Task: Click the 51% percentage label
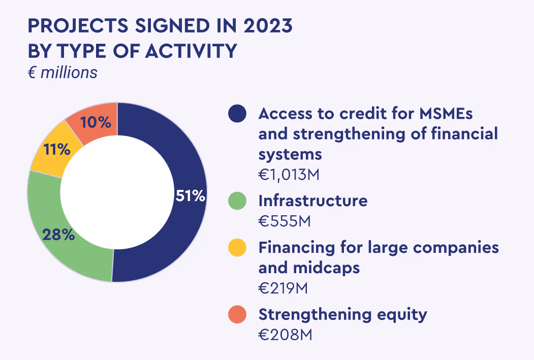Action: click(190, 196)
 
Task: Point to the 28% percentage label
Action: click(58, 235)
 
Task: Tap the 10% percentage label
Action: click(95, 122)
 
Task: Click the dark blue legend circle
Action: click(237, 114)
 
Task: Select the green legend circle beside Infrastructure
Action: click(237, 201)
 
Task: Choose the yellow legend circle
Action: click(237, 248)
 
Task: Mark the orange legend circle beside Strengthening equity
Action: click(237, 315)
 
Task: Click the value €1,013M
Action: click(290, 175)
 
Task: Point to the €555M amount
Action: click(285, 221)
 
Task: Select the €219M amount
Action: click(284, 288)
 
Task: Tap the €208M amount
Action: click(285, 335)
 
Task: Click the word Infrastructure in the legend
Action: click(312, 201)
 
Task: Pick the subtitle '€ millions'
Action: click(62, 73)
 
